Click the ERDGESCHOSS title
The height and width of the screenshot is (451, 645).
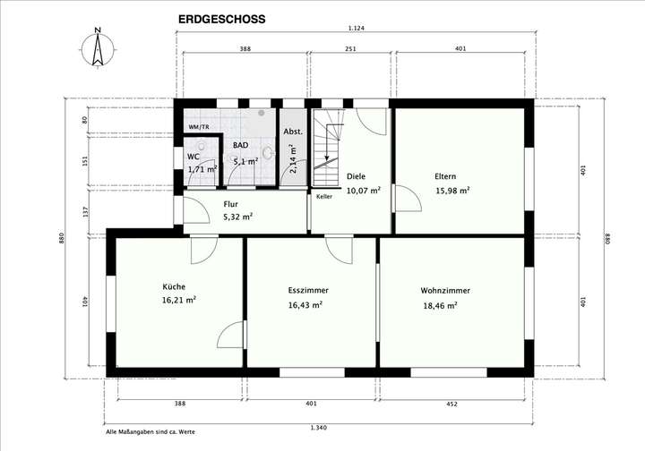pos(221,17)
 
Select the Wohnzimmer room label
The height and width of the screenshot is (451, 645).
pos(445,291)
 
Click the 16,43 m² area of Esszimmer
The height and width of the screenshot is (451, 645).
pos(305,305)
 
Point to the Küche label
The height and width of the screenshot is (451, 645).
pos(174,286)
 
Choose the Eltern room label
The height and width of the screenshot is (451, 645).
pos(446,176)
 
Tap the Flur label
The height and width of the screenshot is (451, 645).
pos(230,204)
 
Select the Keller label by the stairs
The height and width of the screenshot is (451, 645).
pos(324,196)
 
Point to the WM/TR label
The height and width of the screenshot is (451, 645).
pos(198,128)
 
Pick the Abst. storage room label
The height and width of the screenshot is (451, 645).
pos(292,132)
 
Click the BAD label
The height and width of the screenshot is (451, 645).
pos(241,144)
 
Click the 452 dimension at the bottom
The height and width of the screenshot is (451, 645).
pos(451,404)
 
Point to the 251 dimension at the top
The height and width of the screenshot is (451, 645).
pos(351,47)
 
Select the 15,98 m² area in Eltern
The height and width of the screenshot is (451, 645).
pos(452,191)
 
